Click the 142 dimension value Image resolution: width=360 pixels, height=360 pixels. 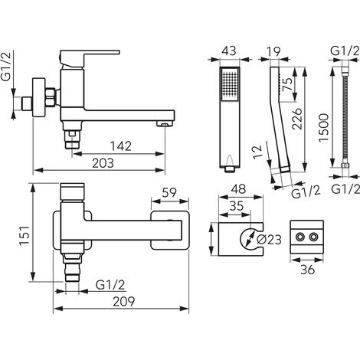point(121,146)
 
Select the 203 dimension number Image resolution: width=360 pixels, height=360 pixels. point(103,163)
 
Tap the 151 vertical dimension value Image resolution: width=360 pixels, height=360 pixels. point(25,235)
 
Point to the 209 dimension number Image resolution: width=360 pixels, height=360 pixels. point(124,302)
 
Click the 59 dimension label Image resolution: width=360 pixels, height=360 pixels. point(169,192)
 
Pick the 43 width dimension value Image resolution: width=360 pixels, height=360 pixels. point(229,51)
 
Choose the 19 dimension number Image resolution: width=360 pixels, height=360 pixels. point(273,52)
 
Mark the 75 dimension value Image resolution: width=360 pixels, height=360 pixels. point(288,84)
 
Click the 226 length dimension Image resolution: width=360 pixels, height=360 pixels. point(297,119)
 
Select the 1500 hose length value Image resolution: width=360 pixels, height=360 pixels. point(323,128)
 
